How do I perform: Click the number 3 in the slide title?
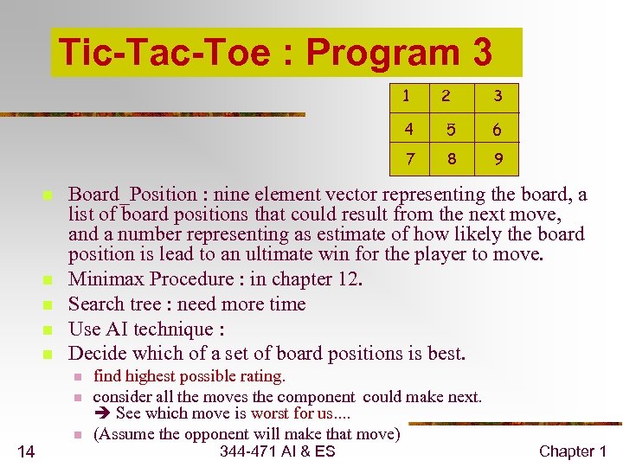pos(482,53)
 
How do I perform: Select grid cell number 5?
pos(449,131)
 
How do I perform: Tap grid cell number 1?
pos(406,95)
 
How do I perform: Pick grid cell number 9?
pos(498,159)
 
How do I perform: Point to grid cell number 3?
pos(498,95)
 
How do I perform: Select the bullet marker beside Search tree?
pos(48,305)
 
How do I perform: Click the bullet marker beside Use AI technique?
pos(48,330)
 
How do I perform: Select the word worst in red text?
pos(270,413)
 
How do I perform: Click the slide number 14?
pos(26,451)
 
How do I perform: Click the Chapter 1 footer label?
pos(573,451)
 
